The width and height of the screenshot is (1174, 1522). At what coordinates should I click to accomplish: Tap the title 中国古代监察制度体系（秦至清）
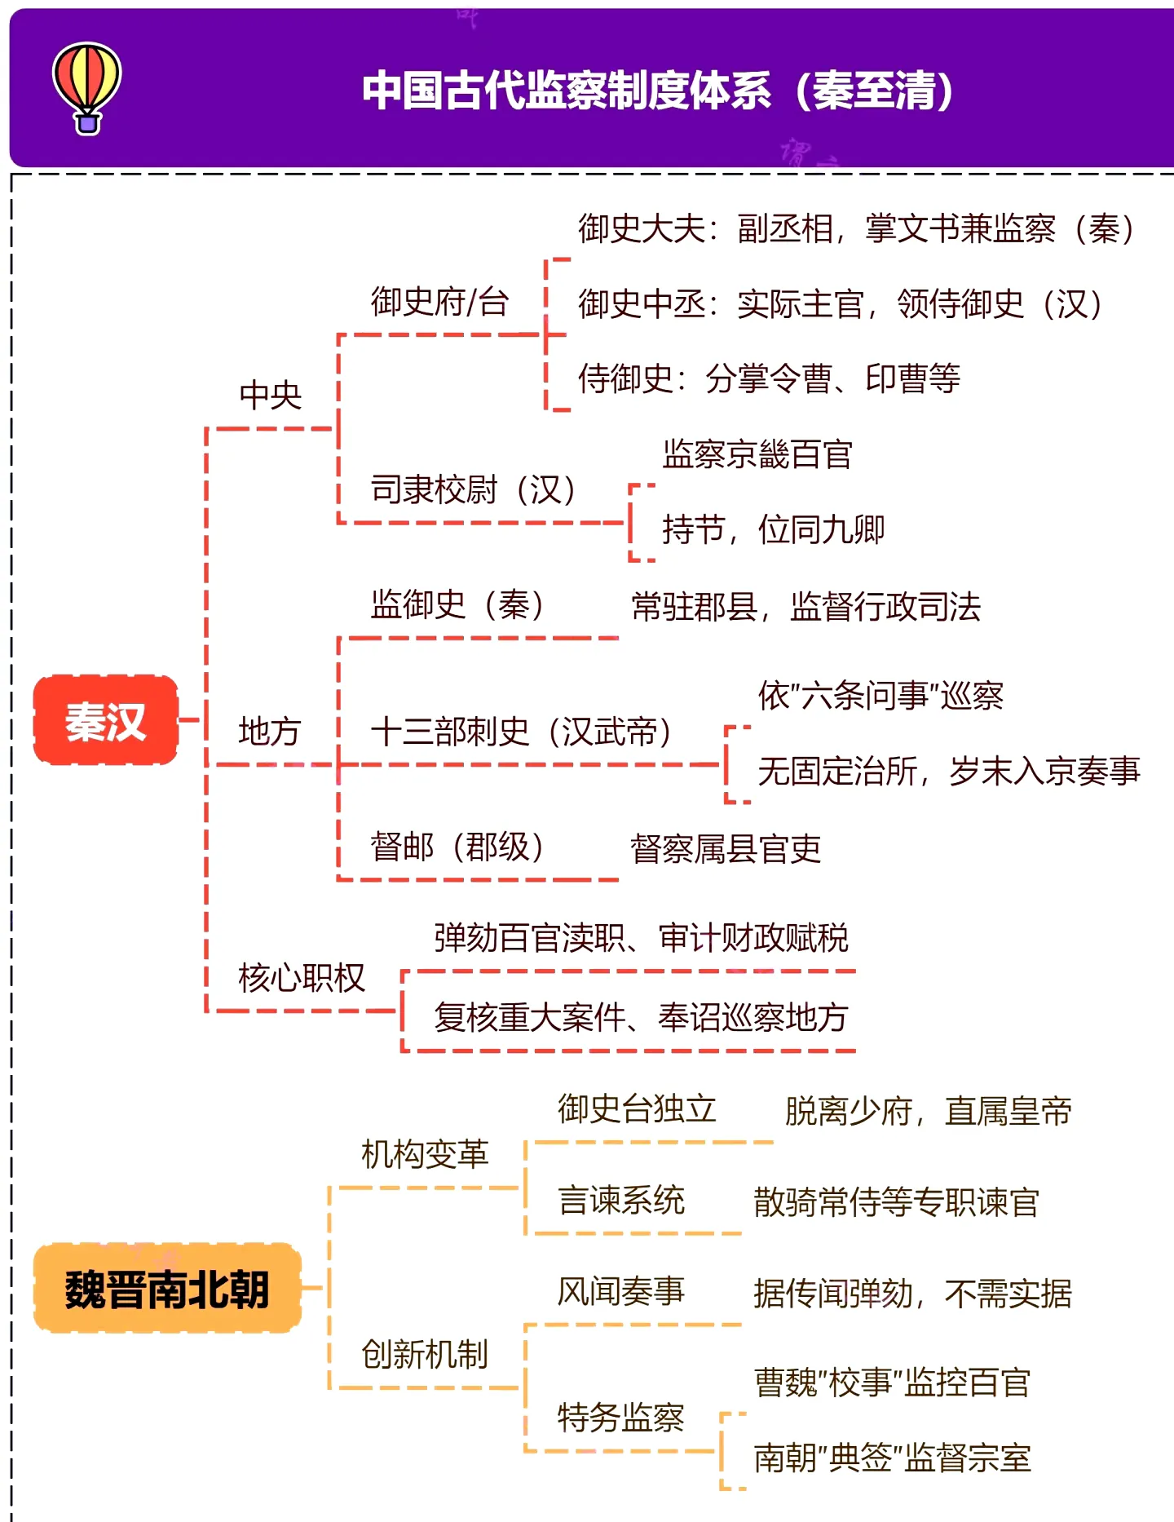click(658, 90)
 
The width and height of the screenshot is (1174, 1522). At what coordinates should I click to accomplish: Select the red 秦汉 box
click(105, 720)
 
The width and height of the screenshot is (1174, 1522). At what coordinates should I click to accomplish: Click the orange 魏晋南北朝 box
click(167, 1289)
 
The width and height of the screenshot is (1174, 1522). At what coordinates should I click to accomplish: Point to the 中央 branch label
click(271, 395)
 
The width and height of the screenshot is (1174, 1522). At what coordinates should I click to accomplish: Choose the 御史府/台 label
click(440, 302)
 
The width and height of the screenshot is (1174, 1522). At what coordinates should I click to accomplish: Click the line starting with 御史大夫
click(856, 228)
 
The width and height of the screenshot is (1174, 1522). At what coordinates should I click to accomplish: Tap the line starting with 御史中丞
click(841, 304)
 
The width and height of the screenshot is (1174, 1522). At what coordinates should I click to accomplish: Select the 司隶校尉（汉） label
click(474, 489)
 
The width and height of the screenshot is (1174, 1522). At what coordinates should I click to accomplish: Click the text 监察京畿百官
click(757, 454)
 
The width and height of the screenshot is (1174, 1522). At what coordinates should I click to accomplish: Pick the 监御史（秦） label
click(457, 604)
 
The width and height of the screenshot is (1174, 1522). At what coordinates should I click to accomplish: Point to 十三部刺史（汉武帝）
click(522, 731)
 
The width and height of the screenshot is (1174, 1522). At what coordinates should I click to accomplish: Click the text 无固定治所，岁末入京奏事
click(949, 771)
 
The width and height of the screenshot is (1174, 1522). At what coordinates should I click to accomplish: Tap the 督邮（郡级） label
click(457, 847)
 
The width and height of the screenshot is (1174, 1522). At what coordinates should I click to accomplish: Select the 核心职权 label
click(302, 977)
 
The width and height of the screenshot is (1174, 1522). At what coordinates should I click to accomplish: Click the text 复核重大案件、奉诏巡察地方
click(642, 1017)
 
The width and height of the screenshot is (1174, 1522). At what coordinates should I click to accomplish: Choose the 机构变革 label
click(425, 1154)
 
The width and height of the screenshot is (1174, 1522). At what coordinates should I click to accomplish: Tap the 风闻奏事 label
click(621, 1291)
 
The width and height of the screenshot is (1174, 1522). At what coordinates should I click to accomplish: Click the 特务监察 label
click(621, 1418)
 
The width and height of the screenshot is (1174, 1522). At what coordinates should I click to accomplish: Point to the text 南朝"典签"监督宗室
click(893, 1458)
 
